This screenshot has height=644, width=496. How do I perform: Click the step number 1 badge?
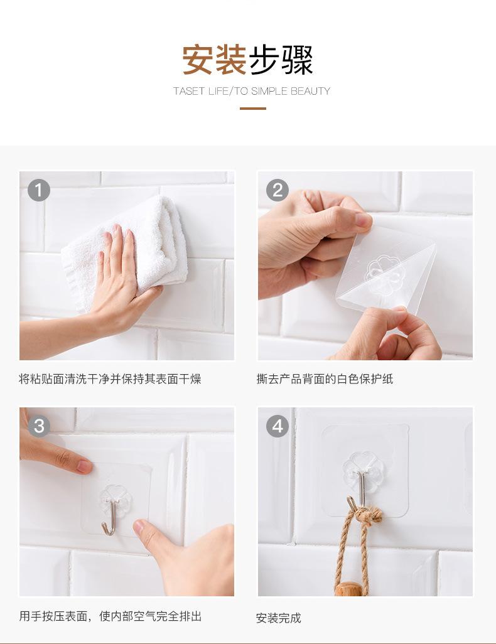39,190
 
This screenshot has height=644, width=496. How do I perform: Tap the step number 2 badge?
278,190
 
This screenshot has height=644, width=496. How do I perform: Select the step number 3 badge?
39,426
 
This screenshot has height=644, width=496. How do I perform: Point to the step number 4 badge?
278,426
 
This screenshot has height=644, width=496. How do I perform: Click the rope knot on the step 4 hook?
367,515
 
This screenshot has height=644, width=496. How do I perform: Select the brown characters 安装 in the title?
214,60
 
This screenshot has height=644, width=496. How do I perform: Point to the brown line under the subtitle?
253,109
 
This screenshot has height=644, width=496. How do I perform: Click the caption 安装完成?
279,618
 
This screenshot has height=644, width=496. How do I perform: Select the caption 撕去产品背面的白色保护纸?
325,378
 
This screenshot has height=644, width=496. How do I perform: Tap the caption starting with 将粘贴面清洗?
110,378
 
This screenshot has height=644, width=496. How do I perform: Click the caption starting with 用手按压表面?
111,616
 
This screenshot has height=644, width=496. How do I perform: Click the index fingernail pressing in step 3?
85,466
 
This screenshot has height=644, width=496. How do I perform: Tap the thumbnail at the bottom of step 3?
141,527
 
